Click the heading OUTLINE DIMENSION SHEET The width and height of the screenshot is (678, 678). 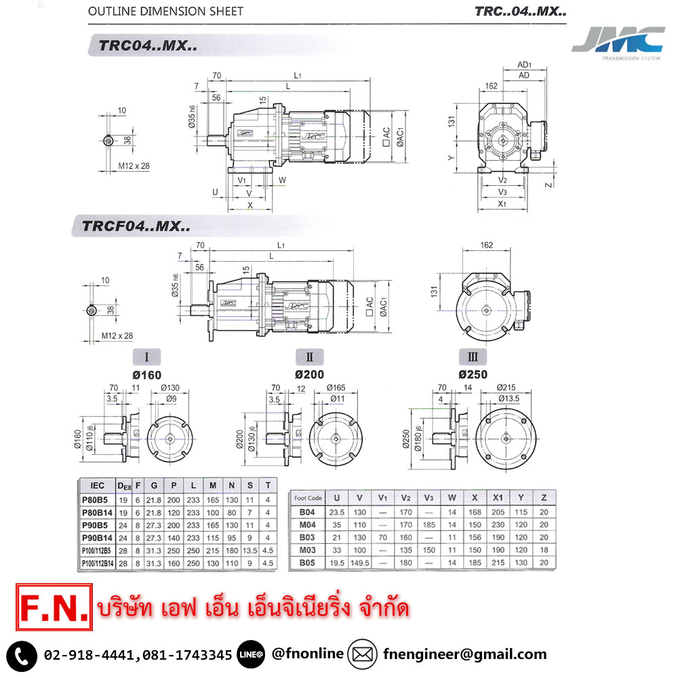(x=165, y=12)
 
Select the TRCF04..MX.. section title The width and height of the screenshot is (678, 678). (x=136, y=226)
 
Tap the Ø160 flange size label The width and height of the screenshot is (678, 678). (x=147, y=374)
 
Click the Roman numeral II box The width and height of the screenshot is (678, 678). (x=309, y=357)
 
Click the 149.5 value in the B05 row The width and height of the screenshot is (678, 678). (x=360, y=562)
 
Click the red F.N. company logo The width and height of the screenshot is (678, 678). (x=52, y=607)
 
